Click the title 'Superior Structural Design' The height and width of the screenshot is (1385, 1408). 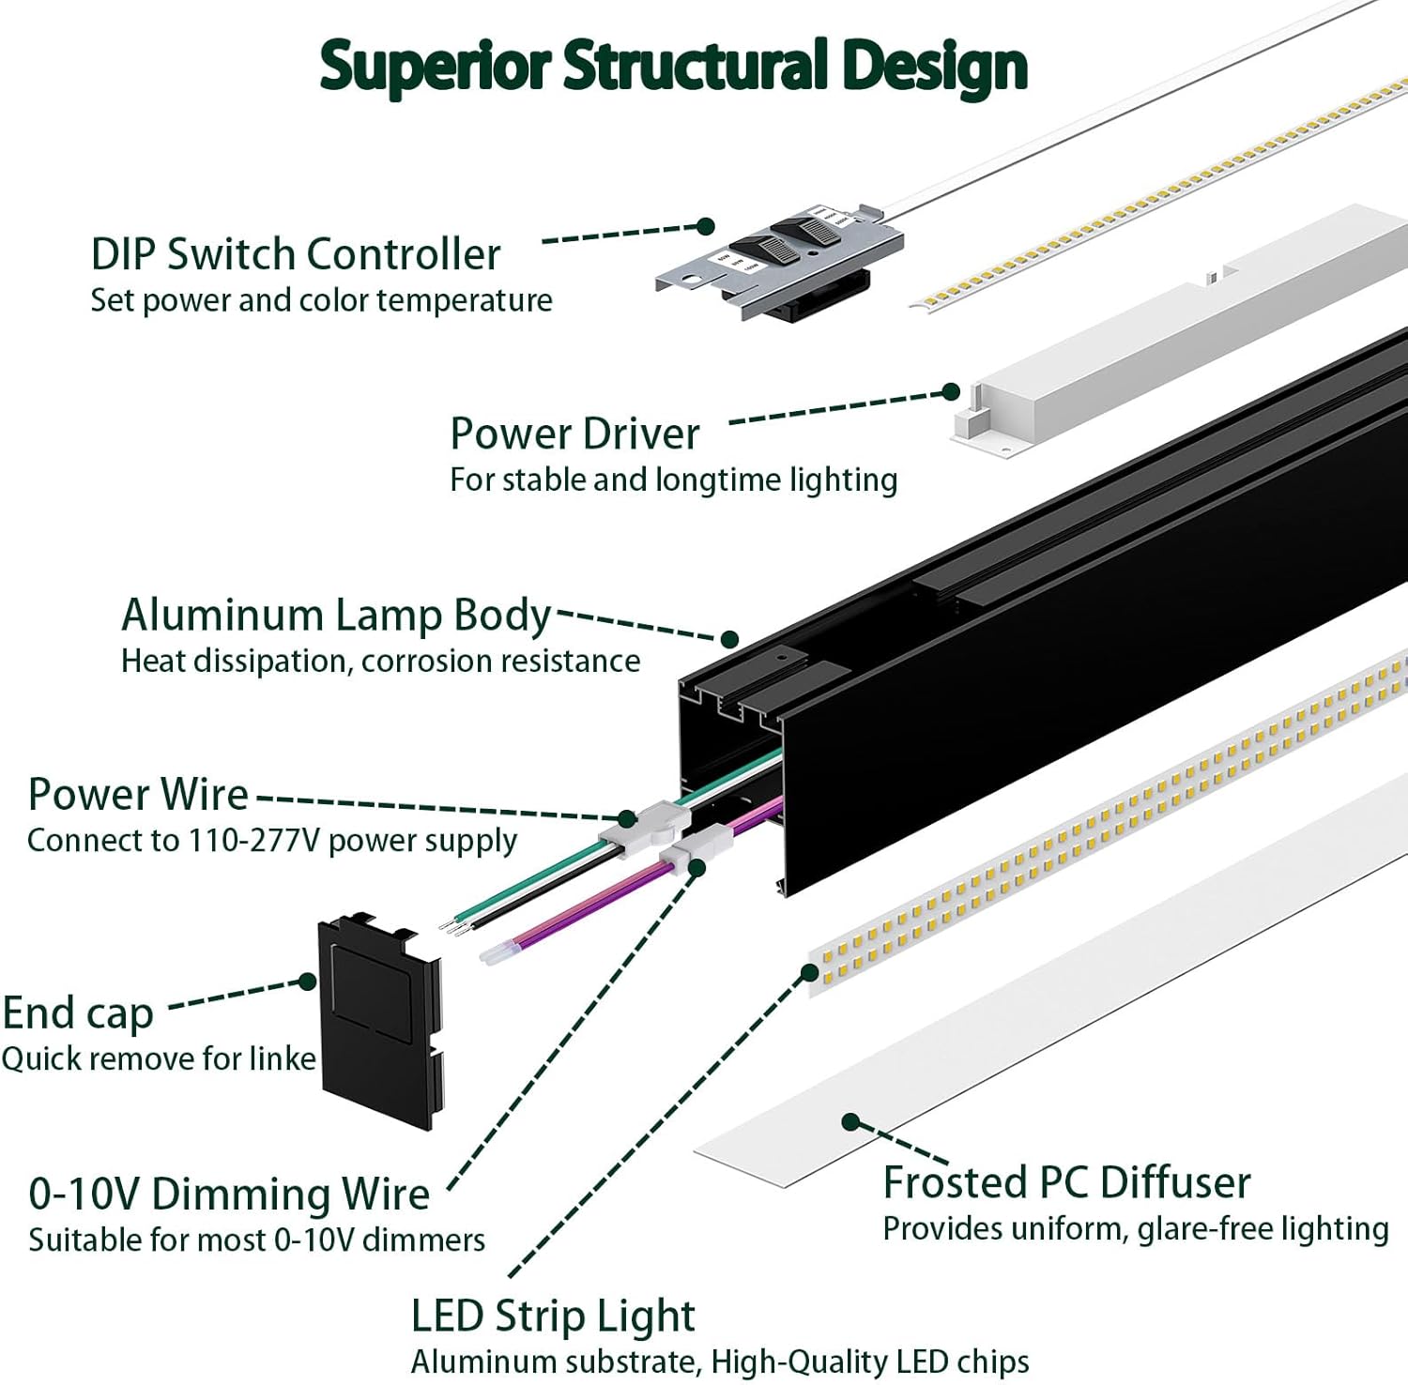click(x=673, y=66)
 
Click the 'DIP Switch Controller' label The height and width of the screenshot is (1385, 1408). click(x=296, y=254)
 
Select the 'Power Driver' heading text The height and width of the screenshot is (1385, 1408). click(x=574, y=434)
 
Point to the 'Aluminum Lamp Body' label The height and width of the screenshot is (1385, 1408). click(x=336, y=616)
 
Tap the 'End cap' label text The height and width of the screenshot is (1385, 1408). click(x=78, y=1013)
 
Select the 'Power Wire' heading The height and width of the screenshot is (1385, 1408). click(x=138, y=795)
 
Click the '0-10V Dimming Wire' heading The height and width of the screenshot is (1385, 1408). click(x=229, y=1195)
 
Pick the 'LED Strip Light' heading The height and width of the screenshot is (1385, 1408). click(x=553, y=1316)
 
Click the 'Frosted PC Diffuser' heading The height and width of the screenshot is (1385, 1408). click(x=1066, y=1182)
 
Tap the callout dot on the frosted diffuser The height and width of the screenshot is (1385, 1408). click(x=850, y=1121)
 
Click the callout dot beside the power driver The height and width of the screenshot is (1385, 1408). click(x=951, y=391)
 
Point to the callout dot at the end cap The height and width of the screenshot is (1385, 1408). click(x=308, y=982)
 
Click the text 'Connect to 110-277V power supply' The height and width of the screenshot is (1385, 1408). click(x=272, y=841)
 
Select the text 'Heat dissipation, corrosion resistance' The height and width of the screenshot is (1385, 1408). click(x=380, y=662)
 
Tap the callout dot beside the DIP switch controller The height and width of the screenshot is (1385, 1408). click(x=706, y=226)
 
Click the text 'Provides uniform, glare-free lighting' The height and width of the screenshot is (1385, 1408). click(x=1136, y=1229)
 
